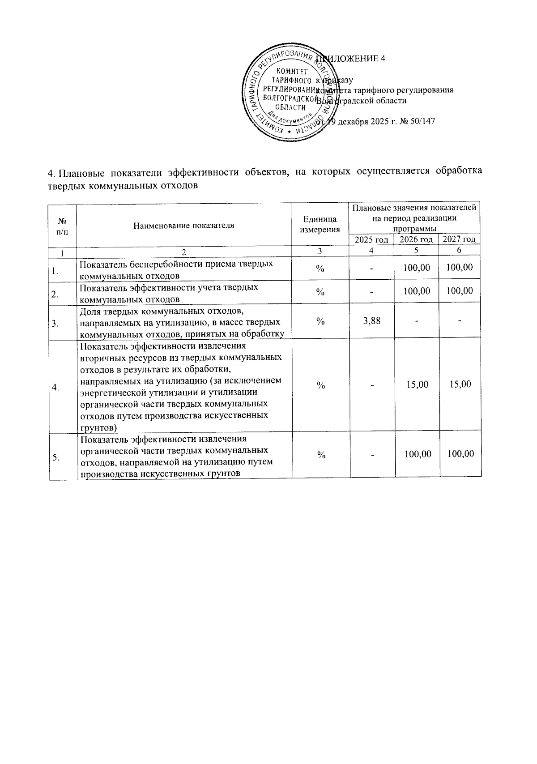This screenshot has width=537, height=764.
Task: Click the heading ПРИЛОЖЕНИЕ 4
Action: (354, 59)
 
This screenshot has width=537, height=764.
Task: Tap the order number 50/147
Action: (422, 121)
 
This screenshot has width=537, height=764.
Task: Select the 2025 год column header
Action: (371, 240)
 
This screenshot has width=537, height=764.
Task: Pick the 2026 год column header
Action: (416, 239)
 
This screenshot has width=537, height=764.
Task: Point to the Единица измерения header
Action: (320, 225)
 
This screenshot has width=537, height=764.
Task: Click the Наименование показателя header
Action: (183, 225)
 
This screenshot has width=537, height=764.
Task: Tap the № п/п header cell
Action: (63, 225)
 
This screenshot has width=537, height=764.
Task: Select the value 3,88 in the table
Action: (371, 320)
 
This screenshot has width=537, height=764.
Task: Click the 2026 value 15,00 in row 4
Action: (417, 384)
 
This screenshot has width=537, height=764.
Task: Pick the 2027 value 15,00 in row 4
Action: (460, 384)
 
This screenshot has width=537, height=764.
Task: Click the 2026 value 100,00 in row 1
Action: (417, 268)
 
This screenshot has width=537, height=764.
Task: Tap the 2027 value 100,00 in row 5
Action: (460, 454)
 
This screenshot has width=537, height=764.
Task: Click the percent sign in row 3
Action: (320, 321)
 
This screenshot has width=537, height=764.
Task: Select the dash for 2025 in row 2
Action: (371, 291)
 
